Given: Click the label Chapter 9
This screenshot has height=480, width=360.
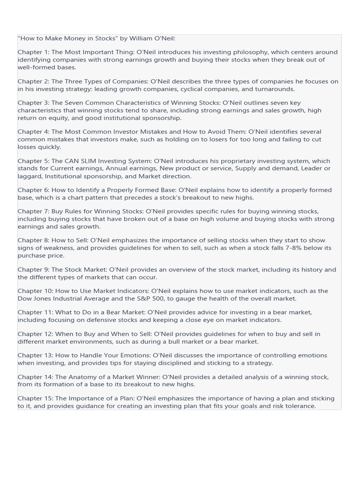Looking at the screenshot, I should [x=33, y=270].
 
